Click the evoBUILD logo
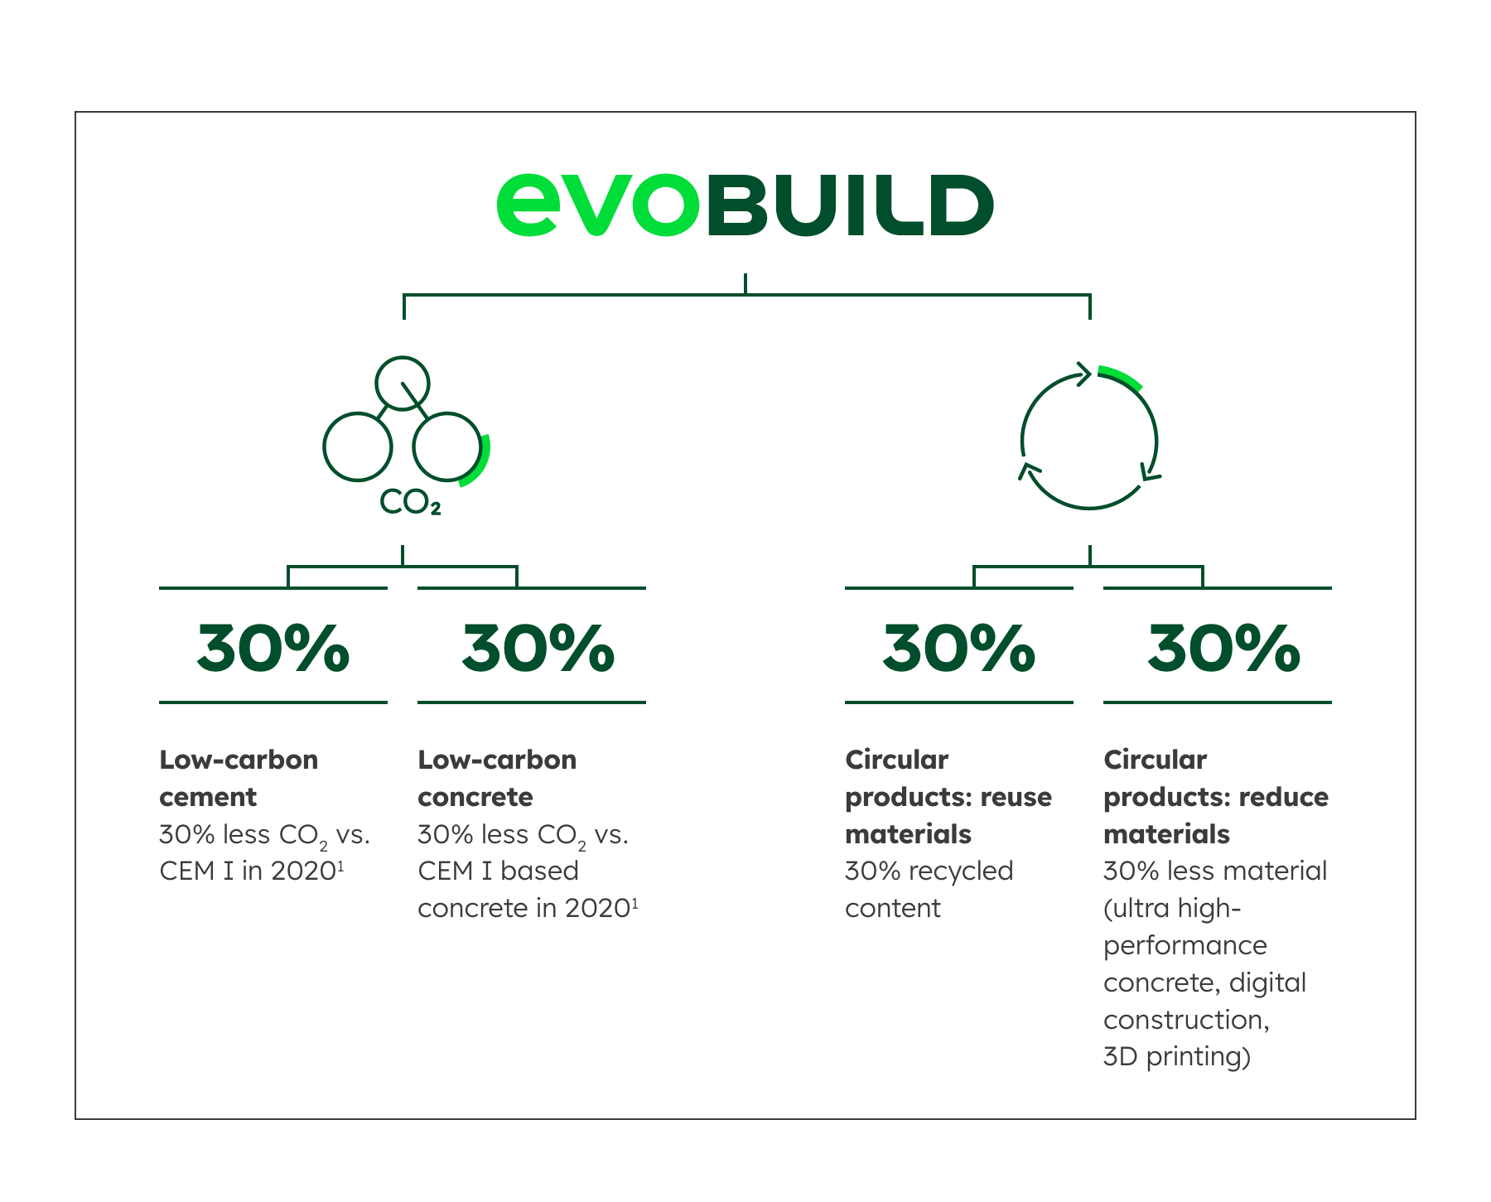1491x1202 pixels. point(745,205)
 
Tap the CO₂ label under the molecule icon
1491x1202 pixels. point(410,502)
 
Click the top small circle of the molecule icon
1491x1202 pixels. point(403,383)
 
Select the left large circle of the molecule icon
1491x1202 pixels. point(357,447)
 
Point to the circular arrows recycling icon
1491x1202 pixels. point(1089,440)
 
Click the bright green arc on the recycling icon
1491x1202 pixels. point(1121,377)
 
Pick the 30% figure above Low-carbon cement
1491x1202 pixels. point(273,648)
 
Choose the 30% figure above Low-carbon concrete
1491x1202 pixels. point(538,648)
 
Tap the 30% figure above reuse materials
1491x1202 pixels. point(959,648)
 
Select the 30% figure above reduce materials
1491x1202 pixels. point(1223,648)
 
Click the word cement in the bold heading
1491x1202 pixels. point(208,797)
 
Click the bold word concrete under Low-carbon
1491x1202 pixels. point(475,797)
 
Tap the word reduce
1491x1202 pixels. point(1284,797)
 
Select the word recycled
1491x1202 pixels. point(961,871)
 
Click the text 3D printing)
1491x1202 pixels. point(1177,1057)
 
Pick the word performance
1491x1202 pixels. point(1185,946)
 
